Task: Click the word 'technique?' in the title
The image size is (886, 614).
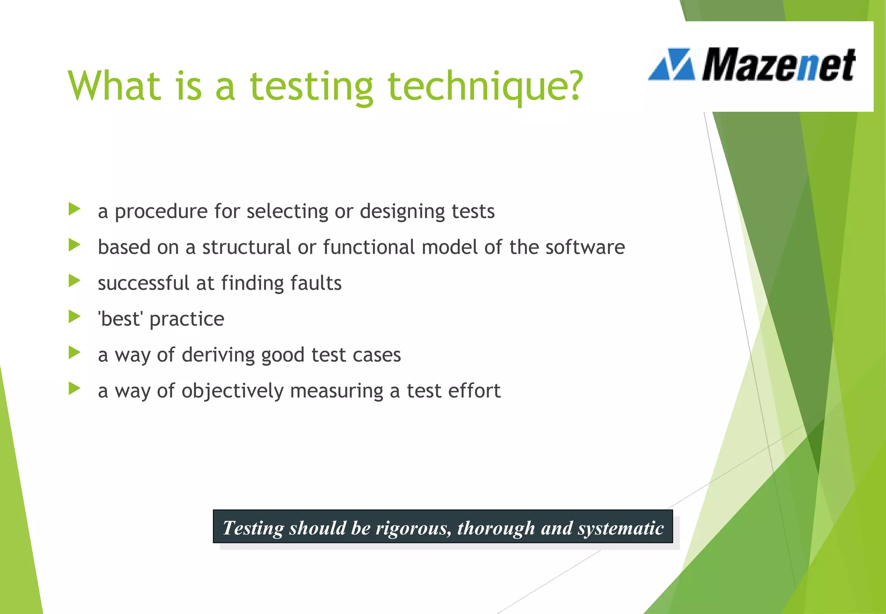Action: pyautogui.click(x=485, y=87)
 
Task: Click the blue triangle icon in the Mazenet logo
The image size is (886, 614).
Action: pyautogui.click(x=671, y=65)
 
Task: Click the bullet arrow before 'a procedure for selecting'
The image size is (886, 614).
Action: pyautogui.click(x=74, y=210)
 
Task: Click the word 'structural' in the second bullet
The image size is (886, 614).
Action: pyautogui.click(x=247, y=247)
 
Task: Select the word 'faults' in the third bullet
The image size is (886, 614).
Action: pyautogui.click(x=316, y=283)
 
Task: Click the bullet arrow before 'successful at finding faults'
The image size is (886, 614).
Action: pyautogui.click(x=74, y=281)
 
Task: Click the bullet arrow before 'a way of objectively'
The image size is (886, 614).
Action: pyautogui.click(x=74, y=389)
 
